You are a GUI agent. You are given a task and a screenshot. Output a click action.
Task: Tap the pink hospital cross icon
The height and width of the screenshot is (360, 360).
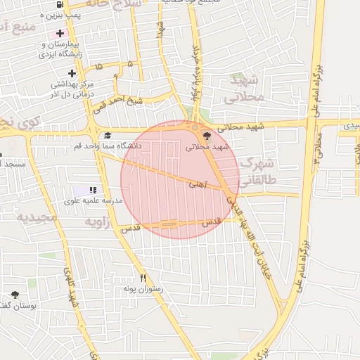60,33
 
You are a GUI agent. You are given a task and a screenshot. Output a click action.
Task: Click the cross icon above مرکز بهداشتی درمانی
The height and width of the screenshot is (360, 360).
71,73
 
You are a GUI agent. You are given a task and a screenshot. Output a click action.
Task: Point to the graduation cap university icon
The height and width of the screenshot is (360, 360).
108,136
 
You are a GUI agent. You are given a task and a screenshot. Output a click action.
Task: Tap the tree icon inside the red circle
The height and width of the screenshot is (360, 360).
206,136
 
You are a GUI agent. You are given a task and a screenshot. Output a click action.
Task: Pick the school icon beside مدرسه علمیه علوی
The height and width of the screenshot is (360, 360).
93,190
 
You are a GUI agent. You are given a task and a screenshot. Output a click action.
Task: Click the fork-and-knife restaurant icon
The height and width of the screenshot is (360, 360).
143,278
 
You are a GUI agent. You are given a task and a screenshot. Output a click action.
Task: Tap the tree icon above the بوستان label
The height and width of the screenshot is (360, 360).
15,295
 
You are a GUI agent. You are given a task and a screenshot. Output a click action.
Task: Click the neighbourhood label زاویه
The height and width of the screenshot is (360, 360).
99,222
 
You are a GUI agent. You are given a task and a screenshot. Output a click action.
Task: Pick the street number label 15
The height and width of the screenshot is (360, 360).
98,66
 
